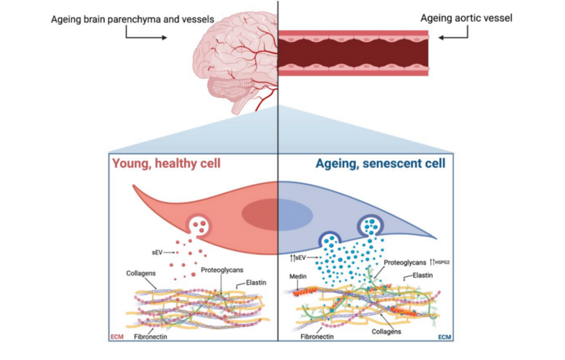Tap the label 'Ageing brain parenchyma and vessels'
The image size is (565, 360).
(113, 18)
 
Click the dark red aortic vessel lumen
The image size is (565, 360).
(354, 52)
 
